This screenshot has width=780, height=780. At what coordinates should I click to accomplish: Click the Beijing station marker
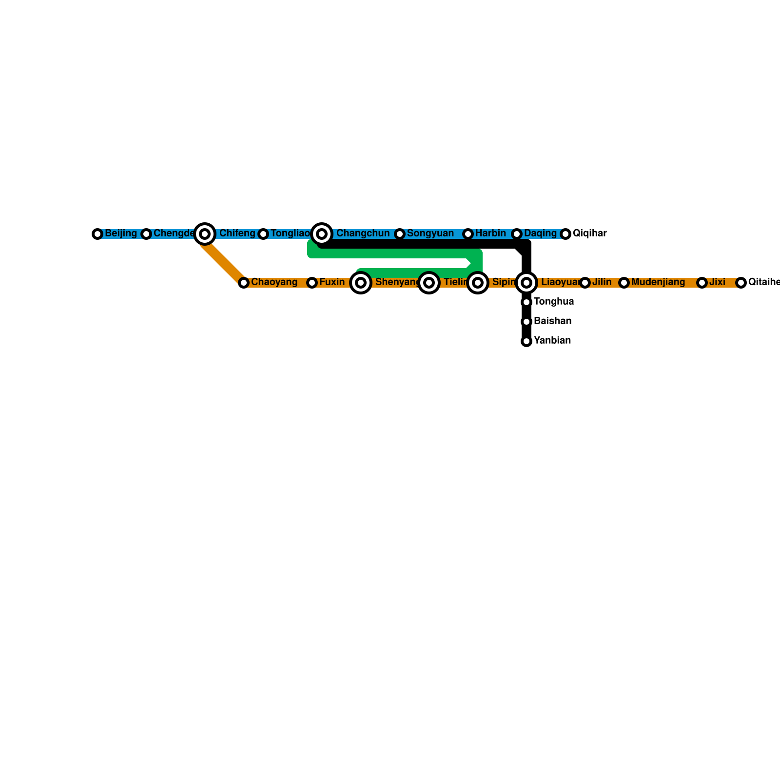[97, 234]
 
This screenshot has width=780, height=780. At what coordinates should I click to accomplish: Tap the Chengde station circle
[146, 234]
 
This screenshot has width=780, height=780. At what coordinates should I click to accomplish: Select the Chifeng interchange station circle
[205, 234]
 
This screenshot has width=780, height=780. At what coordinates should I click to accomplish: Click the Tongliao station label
[290, 234]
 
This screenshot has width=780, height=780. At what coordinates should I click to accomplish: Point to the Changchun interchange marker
[322, 234]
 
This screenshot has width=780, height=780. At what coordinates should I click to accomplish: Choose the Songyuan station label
[430, 234]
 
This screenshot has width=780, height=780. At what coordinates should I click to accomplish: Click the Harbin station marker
[468, 234]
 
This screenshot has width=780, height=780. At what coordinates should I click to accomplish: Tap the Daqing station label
[540, 234]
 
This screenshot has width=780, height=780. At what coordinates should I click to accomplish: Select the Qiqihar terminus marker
[565, 234]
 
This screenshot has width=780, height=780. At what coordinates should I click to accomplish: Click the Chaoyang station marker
[244, 283]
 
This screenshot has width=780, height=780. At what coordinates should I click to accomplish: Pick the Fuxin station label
[331, 282]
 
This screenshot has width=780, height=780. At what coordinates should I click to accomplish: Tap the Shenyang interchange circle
[361, 283]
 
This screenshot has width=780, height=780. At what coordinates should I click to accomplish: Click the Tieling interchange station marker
[429, 283]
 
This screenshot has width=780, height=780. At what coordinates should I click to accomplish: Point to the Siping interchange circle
[478, 283]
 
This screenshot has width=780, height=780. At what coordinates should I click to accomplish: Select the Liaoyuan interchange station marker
[526, 283]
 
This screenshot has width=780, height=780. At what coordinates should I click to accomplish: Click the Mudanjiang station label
[658, 282]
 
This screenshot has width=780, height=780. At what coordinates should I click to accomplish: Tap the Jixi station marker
[702, 283]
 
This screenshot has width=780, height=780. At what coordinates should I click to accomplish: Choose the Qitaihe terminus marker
[741, 283]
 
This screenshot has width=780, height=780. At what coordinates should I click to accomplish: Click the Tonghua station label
[553, 302]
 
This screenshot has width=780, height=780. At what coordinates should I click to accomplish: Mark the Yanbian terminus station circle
[526, 341]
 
